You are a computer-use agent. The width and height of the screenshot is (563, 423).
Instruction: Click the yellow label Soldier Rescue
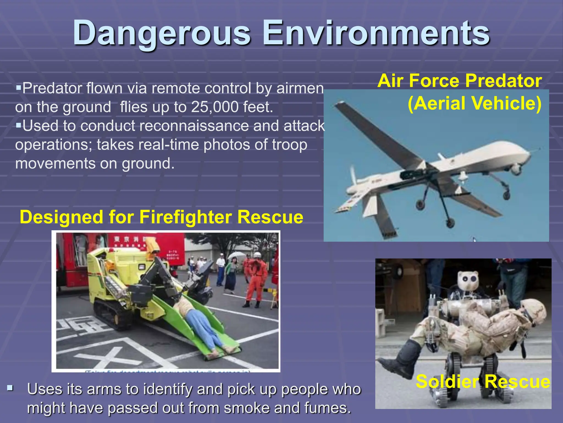coord(483,382)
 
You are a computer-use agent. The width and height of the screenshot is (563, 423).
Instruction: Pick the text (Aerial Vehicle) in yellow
coord(474,103)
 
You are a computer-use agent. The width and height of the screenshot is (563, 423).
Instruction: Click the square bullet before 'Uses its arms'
coord(10,389)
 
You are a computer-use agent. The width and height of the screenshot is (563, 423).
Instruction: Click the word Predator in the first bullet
coord(52,88)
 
